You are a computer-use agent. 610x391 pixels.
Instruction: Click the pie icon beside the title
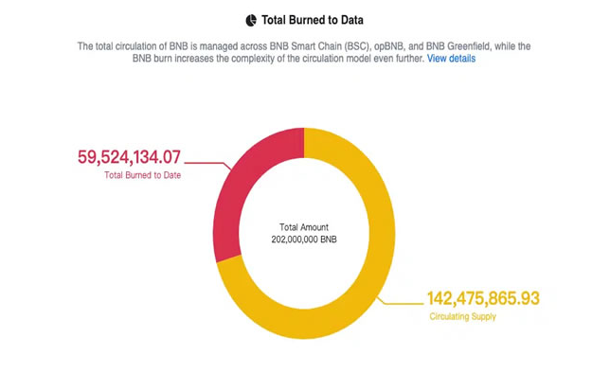coord(251,20)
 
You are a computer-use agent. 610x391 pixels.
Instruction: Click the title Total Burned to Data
coord(313,20)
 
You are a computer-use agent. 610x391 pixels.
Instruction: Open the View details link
coord(451,59)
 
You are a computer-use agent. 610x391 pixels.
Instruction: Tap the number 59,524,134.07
coord(129,157)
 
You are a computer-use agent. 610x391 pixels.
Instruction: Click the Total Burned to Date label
coord(142,175)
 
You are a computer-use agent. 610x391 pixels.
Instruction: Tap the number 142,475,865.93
coord(483,298)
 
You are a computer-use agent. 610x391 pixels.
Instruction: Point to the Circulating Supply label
coord(462,316)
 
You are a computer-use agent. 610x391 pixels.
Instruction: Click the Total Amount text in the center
coord(303,227)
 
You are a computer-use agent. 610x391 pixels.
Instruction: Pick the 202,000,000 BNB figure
coord(303,240)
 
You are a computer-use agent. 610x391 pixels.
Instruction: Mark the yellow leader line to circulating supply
coord(403,303)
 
